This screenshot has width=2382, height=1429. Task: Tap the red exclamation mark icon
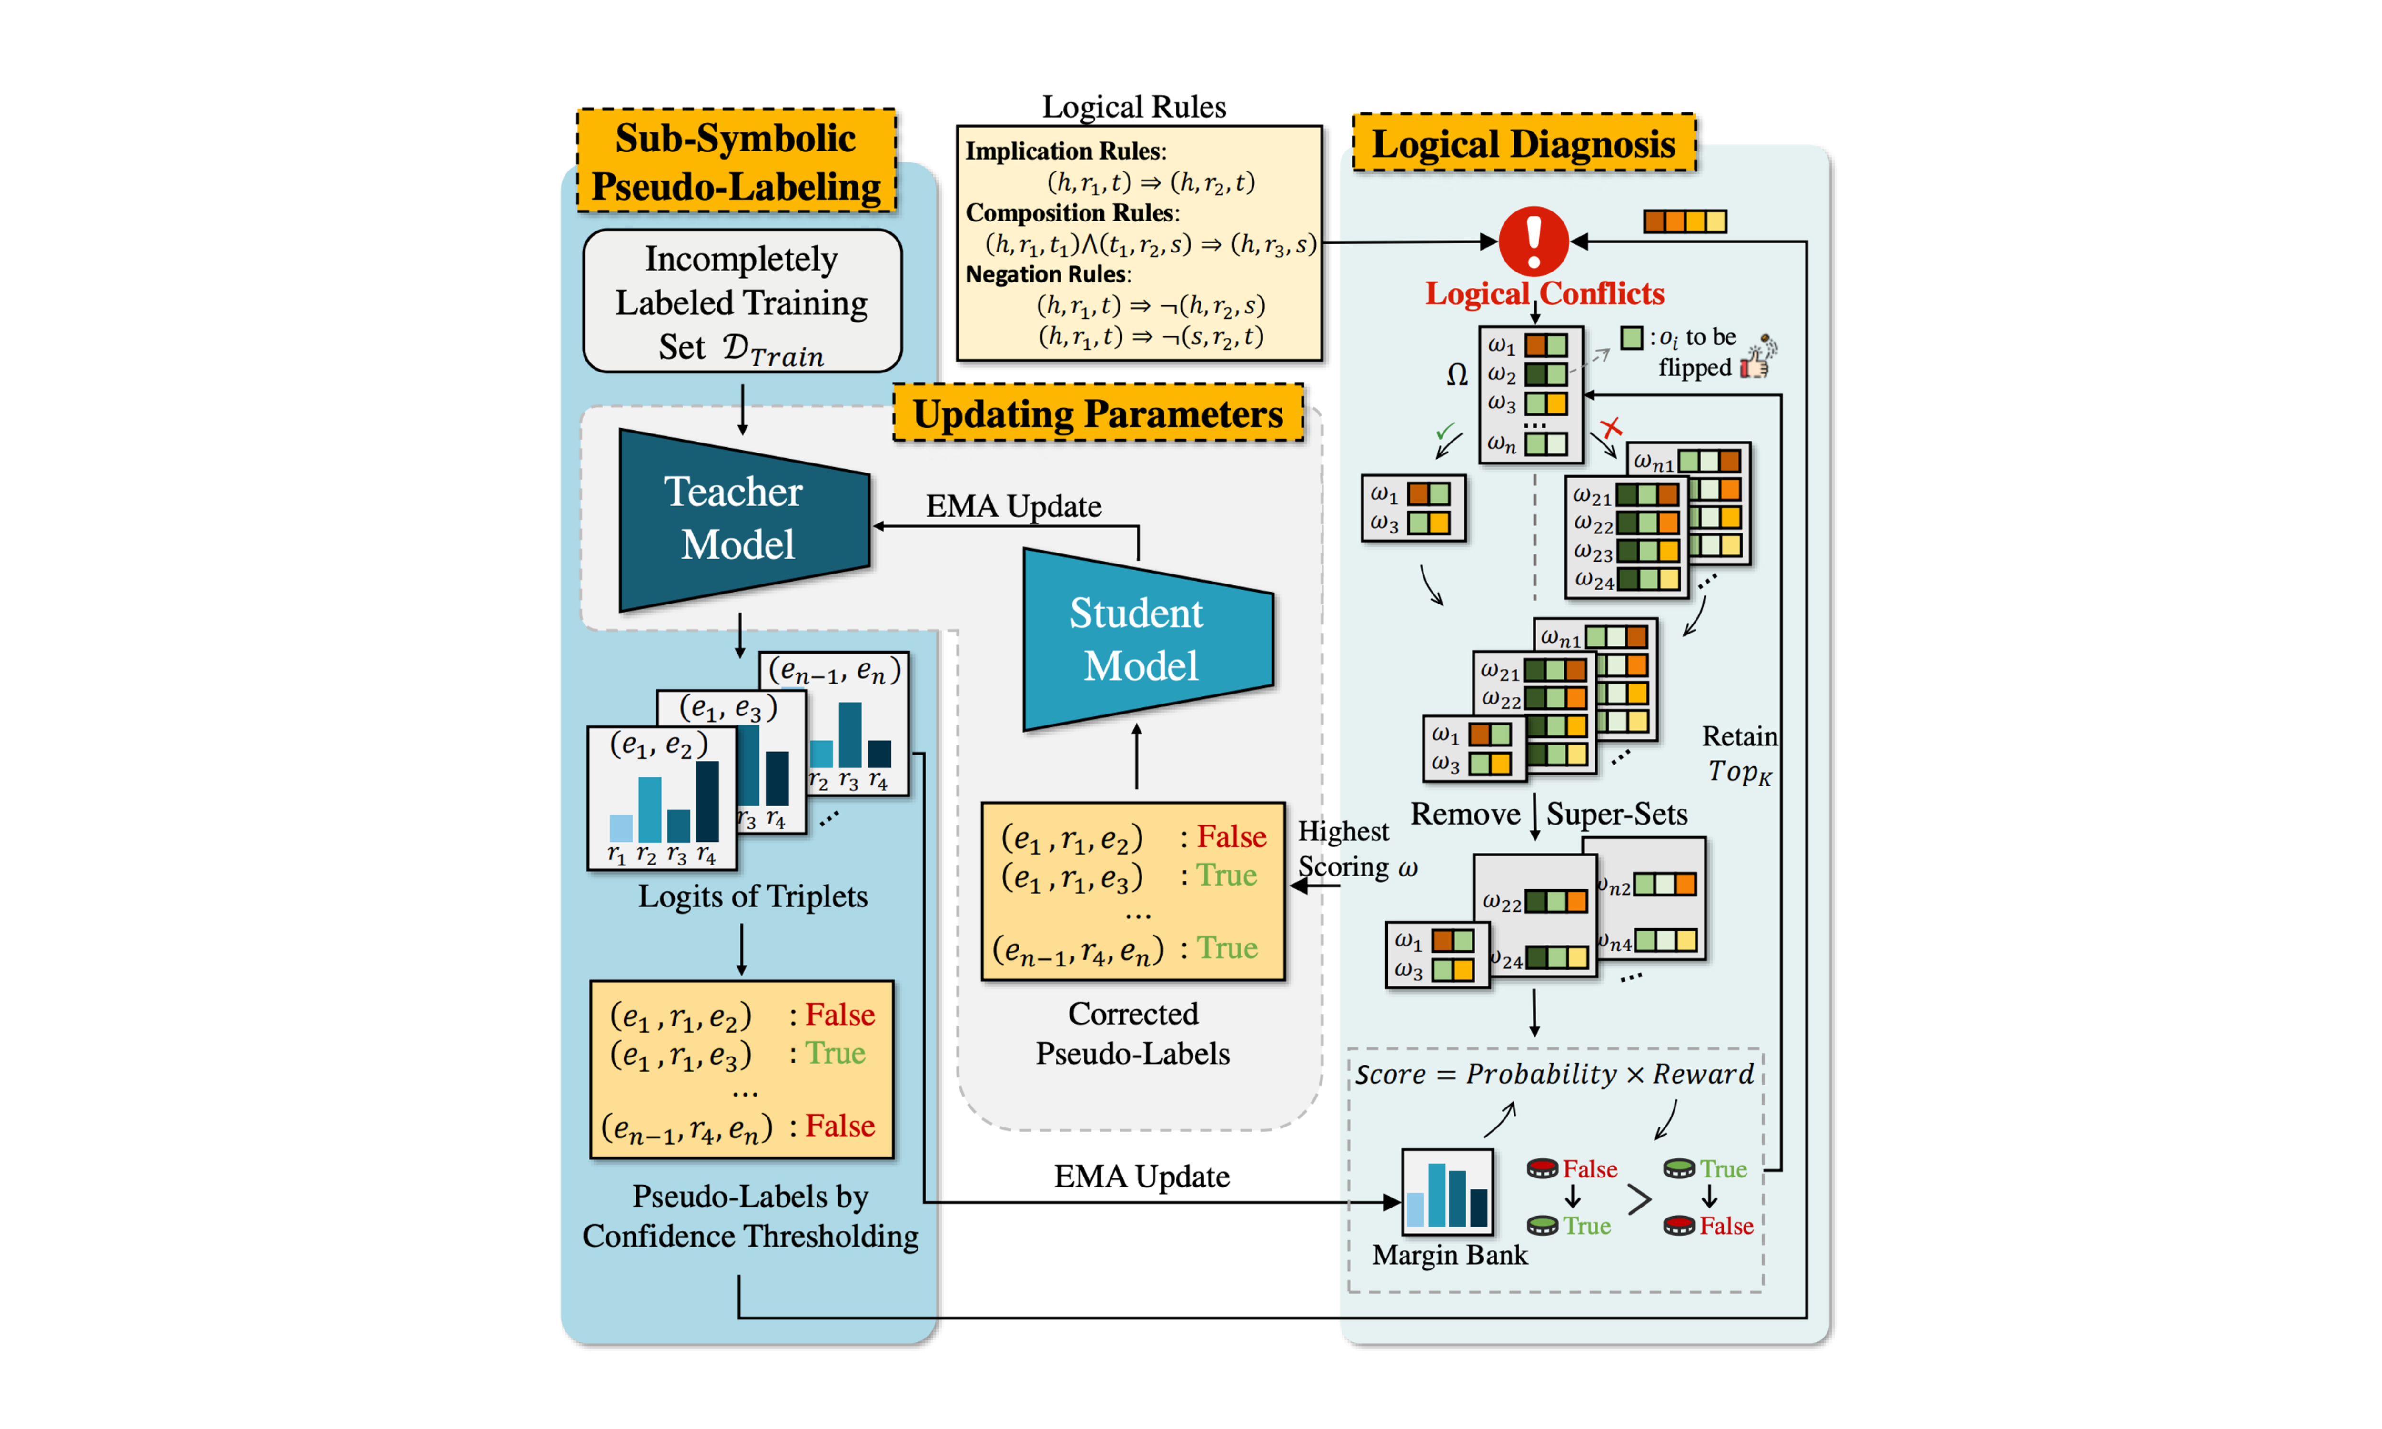pyautogui.click(x=1534, y=241)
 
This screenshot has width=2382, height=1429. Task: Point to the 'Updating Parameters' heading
pyautogui.click(x=1098, y=414)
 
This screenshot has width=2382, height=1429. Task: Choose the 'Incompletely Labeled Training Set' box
pyautogui.click(x=741, y=302)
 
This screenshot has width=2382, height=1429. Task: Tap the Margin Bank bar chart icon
pyautogui.click(x=1447, y=1192)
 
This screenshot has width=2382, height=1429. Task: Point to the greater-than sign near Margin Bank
pyautogui.click(x=1639, y=1199)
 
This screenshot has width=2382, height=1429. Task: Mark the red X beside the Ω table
pyautogui.click(x=1611, y=427)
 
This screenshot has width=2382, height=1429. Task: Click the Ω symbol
pyautogui.click(x=1457, y=375)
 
